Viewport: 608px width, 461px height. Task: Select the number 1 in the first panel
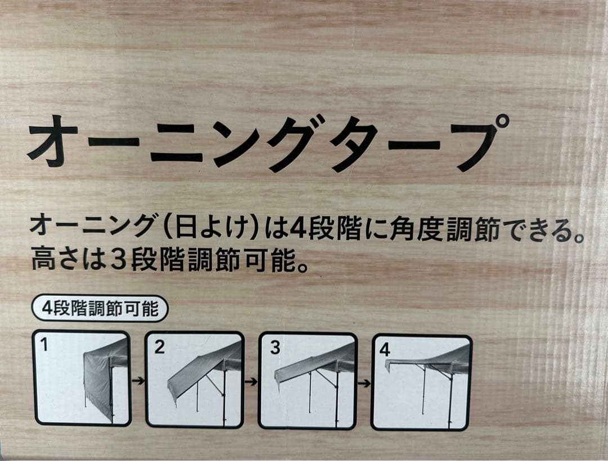point(44,344)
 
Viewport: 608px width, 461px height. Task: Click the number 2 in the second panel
point(159,347)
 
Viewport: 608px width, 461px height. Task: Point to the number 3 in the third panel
point(275,348)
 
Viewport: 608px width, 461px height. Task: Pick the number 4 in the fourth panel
point(385,350)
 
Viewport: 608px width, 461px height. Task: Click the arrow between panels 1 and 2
point(138,381)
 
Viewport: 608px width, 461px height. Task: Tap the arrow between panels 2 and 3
point(251,382)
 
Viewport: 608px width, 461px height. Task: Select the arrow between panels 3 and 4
point(364,383)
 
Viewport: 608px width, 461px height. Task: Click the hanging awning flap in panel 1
point(97,380)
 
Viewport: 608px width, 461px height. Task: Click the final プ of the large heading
point(478,141)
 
